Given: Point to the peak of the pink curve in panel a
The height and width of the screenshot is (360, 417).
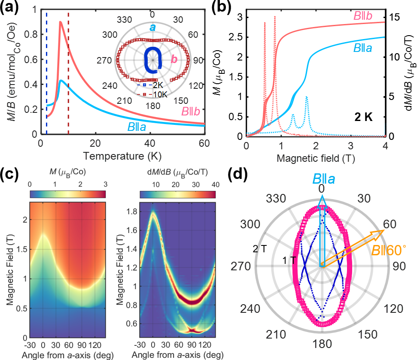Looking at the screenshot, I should [61, 21].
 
